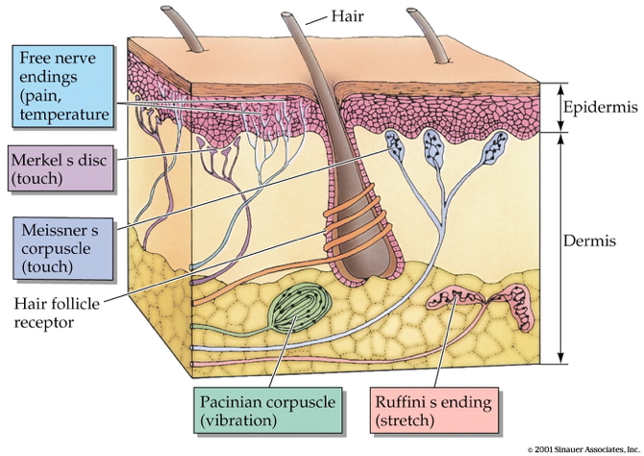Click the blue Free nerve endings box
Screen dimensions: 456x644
[x=69, y=88]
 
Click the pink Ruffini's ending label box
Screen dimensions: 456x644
[x=421, y=411]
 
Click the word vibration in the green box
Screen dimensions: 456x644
[x=241, y=420]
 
